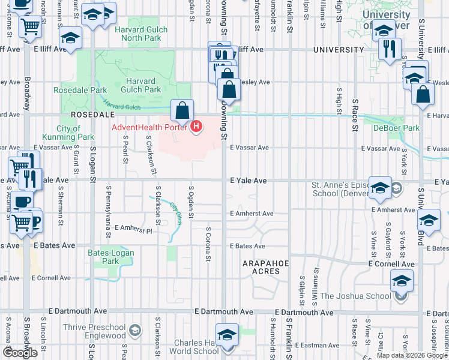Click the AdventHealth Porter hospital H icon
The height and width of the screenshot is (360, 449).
(196, 127)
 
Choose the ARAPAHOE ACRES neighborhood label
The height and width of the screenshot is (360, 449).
(261, 267)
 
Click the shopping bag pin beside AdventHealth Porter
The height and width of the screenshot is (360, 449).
(182, 112)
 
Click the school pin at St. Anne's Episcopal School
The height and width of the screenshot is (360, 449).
(379, 187)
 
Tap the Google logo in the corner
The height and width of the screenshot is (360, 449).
(20, 353)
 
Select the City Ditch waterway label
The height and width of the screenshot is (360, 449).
(175, 213)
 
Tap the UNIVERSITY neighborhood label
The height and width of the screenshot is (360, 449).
(339, 50)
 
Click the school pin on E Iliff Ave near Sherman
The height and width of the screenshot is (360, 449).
(71, 39)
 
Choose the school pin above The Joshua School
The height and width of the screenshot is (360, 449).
(402, 280)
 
